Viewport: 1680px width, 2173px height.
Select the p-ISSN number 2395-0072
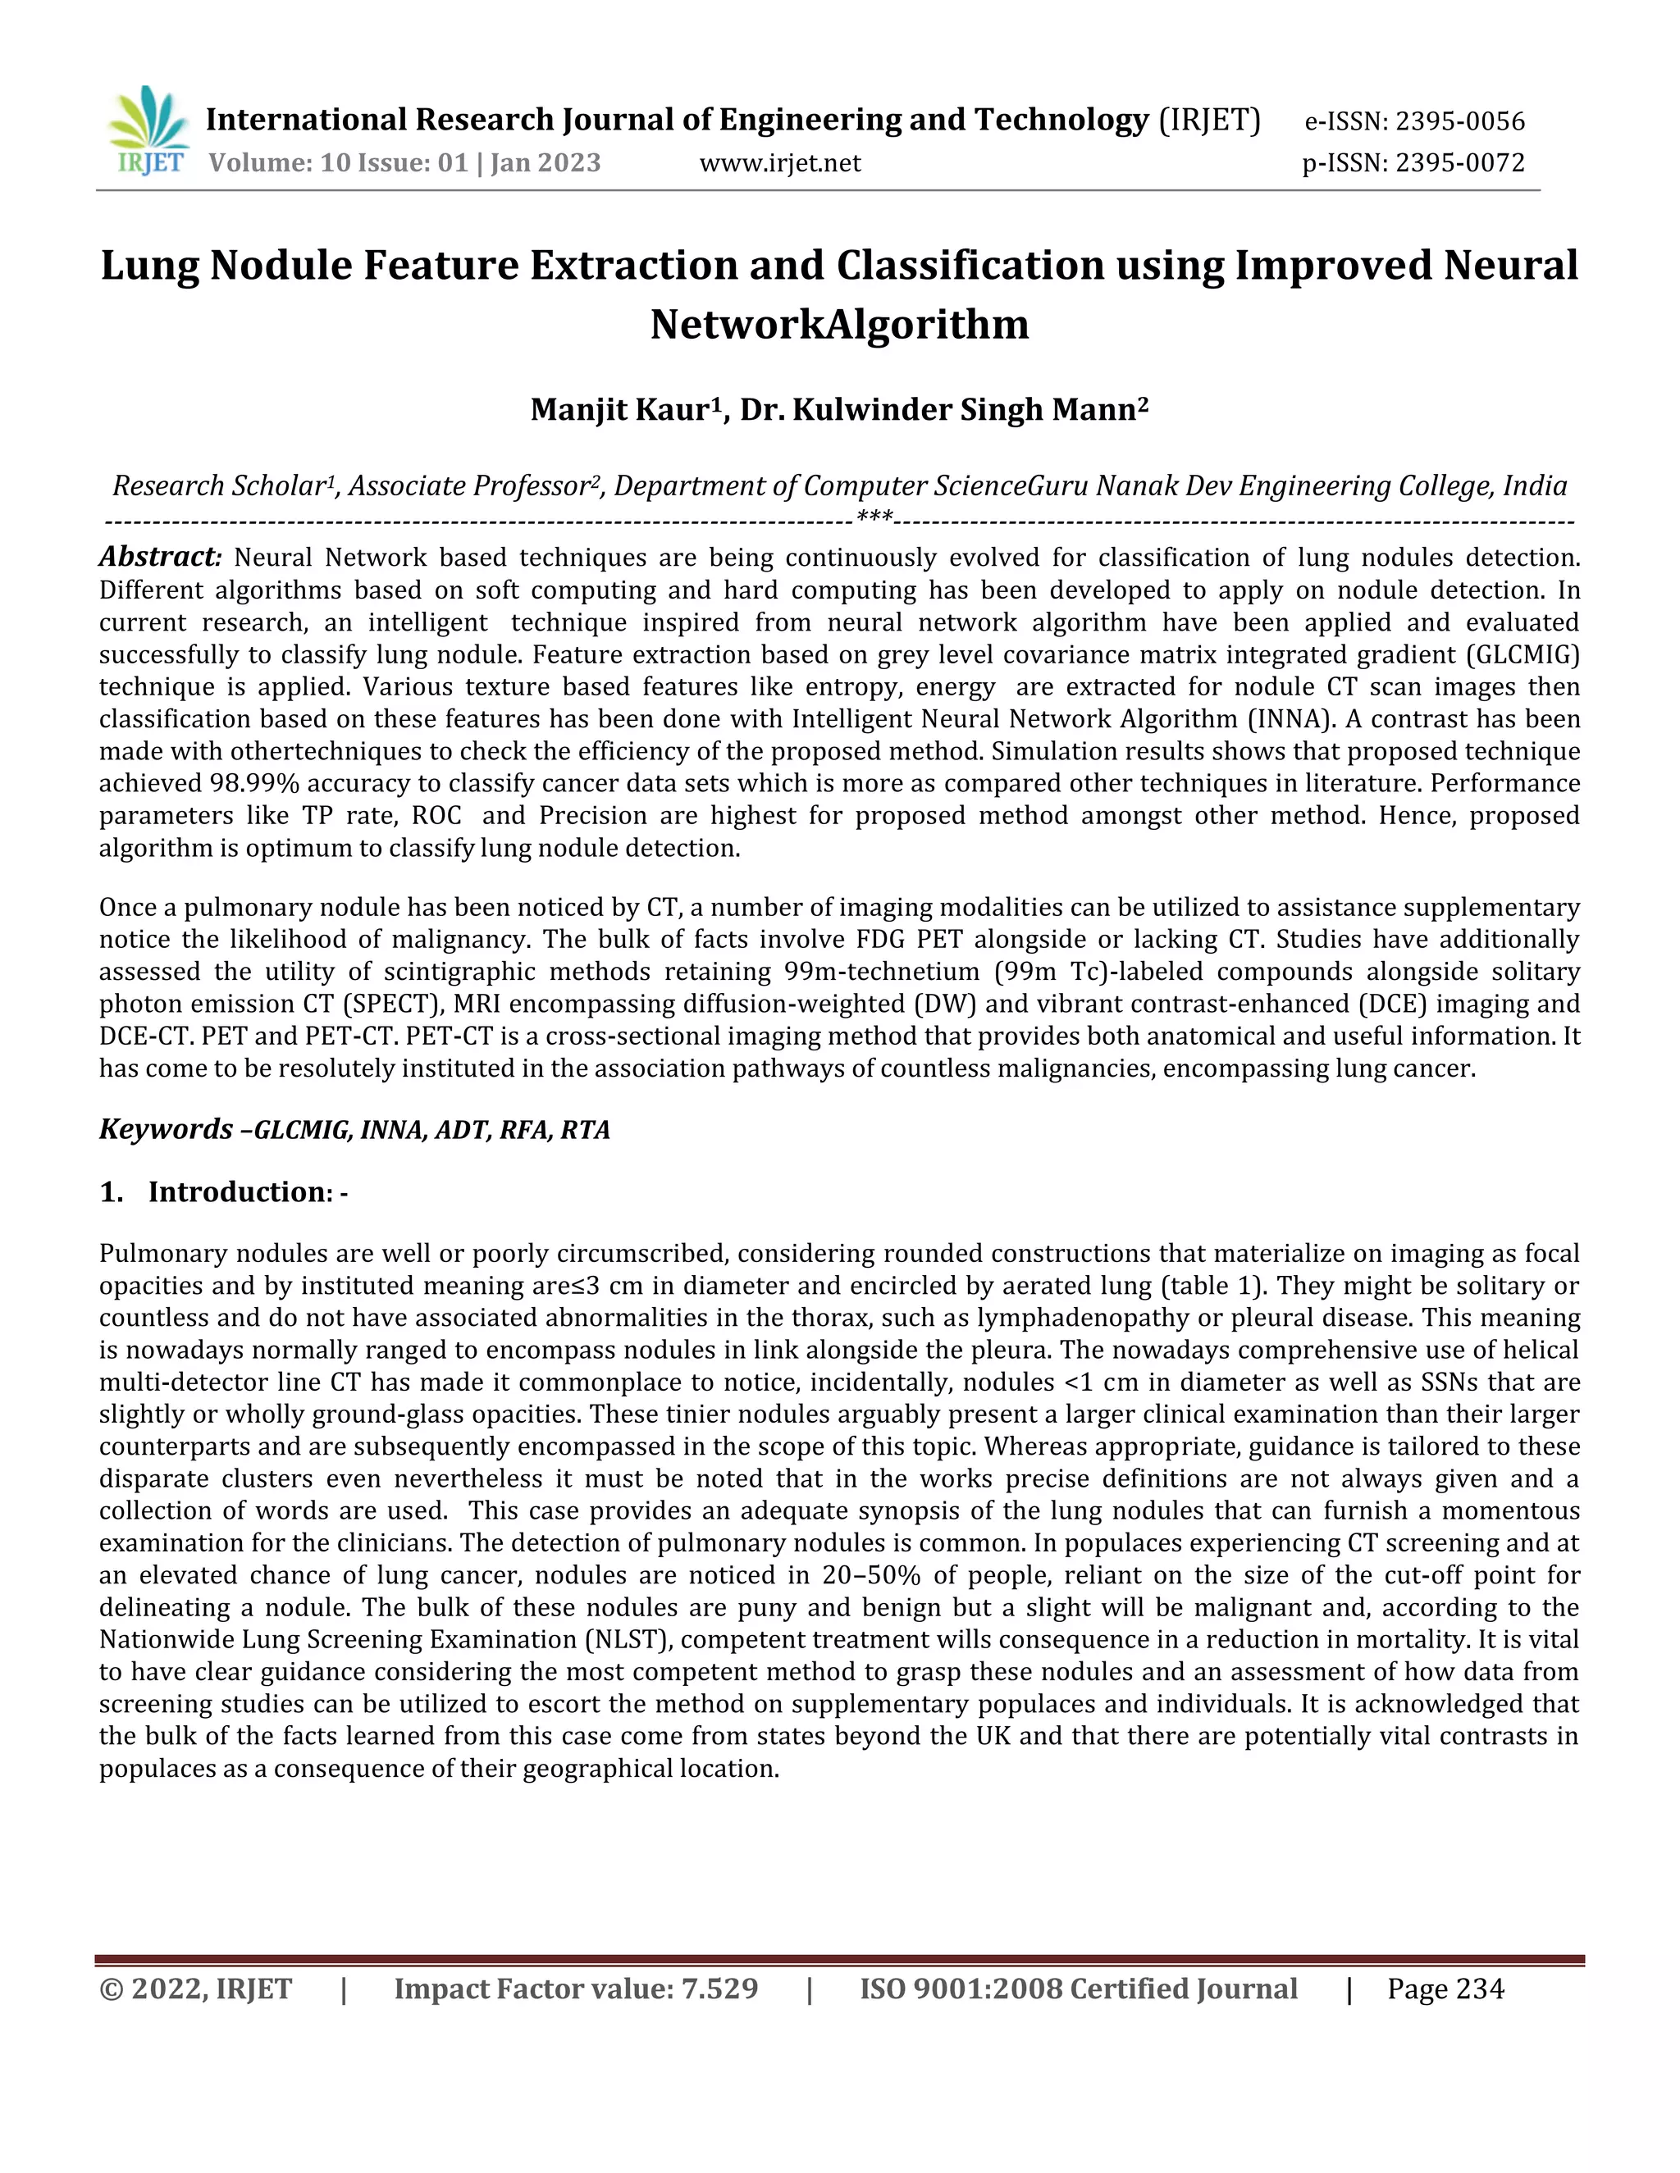(1459, 162)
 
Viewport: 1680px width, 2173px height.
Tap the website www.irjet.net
(779, 162)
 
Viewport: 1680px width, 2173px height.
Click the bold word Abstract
(158, 556)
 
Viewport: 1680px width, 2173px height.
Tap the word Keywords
(165, 1129)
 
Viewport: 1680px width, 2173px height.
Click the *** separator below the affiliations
(874, 517)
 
